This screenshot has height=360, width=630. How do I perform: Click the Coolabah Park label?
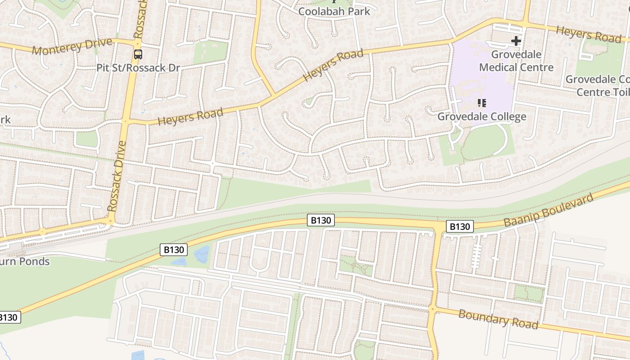334,11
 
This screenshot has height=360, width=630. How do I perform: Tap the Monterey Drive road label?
72,46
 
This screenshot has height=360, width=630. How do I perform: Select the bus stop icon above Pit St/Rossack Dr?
138,54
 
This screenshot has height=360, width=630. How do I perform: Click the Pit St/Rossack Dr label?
138,68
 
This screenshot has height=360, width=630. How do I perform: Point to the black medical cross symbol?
516,41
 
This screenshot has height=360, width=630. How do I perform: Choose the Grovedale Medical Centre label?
516,61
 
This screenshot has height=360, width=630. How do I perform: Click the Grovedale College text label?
481,117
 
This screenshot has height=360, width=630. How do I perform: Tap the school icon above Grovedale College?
482,103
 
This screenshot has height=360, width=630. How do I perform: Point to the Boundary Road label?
498,319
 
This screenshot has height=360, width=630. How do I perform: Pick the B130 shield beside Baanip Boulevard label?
459,226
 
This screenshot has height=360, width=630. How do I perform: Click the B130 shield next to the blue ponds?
173,250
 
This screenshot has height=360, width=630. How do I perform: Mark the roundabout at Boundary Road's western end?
432,309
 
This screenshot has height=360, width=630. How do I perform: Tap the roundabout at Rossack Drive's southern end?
110,220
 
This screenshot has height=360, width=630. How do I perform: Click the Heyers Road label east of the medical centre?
588,34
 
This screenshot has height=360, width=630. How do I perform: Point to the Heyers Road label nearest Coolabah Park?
333,65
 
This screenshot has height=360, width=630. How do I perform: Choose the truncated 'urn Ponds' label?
25,261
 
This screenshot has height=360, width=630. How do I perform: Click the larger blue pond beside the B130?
201,254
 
